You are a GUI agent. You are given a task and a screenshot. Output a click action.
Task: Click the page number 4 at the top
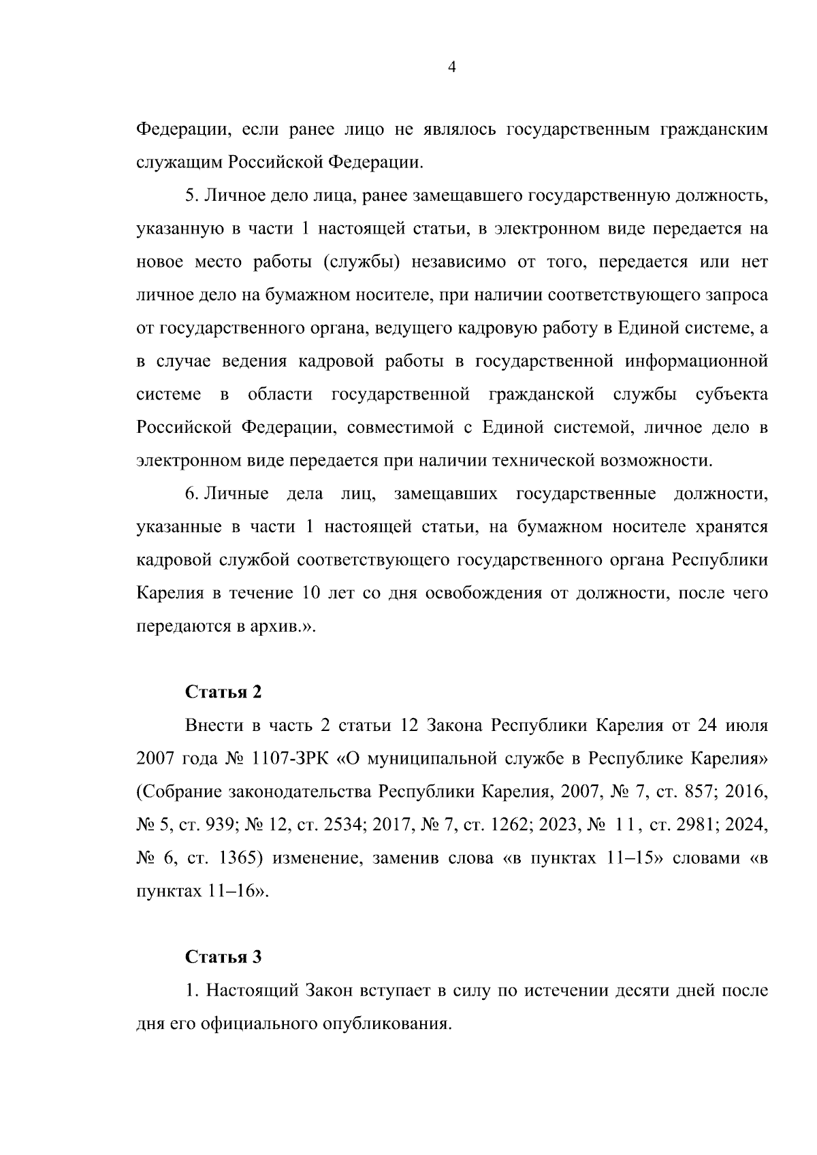(x=452, y=66)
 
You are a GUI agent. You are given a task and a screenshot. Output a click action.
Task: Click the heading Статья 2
(x=223, y=692)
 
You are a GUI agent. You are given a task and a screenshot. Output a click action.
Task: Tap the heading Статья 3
(x=223, y=957)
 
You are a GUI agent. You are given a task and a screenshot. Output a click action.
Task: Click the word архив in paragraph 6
(x=279, y=626)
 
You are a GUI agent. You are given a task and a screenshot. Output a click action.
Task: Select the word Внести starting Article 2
(x=214, y=726)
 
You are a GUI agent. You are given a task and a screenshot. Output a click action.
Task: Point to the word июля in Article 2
(x=743, y=726)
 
